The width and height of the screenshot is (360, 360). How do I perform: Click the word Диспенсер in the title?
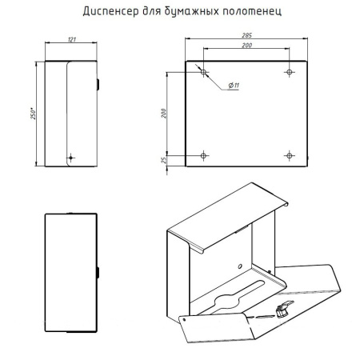tap(110, 11)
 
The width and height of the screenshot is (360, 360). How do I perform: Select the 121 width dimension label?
tap(72, 39)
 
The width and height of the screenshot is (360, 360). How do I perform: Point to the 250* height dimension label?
tap(33, 114)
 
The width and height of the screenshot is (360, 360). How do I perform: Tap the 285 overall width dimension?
tap(246, 35)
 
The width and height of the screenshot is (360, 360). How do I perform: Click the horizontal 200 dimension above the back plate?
tap(247, 46)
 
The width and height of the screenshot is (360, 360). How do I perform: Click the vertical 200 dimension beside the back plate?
tap(164, 114)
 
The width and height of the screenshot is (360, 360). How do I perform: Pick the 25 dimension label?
tap(164, 160)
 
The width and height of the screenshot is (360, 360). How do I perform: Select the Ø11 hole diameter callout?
tap(234, 86)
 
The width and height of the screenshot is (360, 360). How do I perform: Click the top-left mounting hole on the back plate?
tap(204, 72)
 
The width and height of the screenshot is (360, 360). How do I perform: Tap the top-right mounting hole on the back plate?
tap(290, 72)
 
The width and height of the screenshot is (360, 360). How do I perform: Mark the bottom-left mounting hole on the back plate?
tap(204, 155)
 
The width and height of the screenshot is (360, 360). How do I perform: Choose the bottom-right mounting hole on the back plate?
tap(290, 155)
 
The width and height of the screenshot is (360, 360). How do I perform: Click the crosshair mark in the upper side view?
tap(70, 158)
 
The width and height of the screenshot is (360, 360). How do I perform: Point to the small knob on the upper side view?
tap(98, 85)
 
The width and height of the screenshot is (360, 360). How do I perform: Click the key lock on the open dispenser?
tap(283, 309)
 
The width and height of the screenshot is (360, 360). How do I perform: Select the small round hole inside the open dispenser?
tap(240, 266)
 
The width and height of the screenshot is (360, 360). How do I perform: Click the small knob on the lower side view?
tap(98, 273)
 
